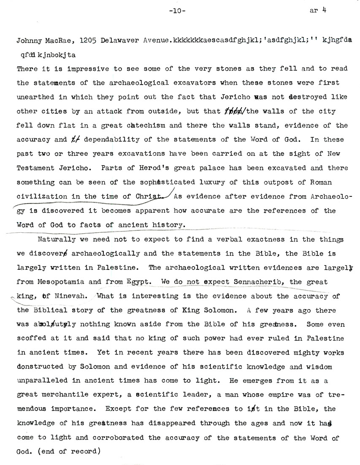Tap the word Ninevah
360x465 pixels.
pyautogui.click(x=68, y=296)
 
